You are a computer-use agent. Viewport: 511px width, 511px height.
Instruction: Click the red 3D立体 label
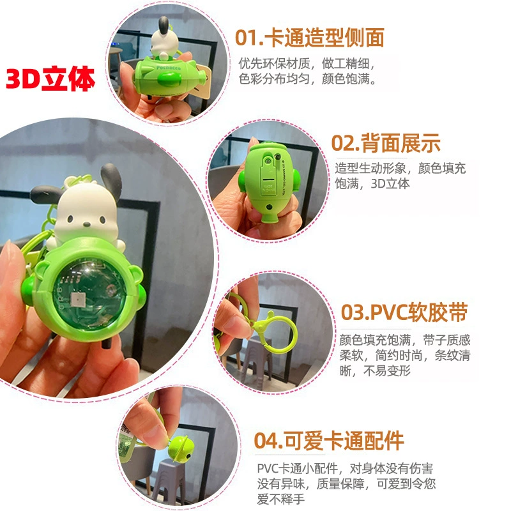50,79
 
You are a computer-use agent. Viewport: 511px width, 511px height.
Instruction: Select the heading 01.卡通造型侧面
310,38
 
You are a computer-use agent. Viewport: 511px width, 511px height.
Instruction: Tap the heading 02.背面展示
386,143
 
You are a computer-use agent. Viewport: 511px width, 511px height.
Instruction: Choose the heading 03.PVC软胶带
404,312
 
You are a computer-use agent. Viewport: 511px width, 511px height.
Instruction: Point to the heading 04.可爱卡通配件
329,441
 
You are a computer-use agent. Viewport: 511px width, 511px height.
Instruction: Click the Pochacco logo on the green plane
168,68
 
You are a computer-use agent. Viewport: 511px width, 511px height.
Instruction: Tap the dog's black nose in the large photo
87,224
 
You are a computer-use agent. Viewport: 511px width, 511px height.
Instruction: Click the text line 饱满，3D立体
372,184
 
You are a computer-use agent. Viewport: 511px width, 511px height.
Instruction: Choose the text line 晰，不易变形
375,371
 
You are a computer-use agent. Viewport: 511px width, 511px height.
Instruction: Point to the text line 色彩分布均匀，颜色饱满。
307,79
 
